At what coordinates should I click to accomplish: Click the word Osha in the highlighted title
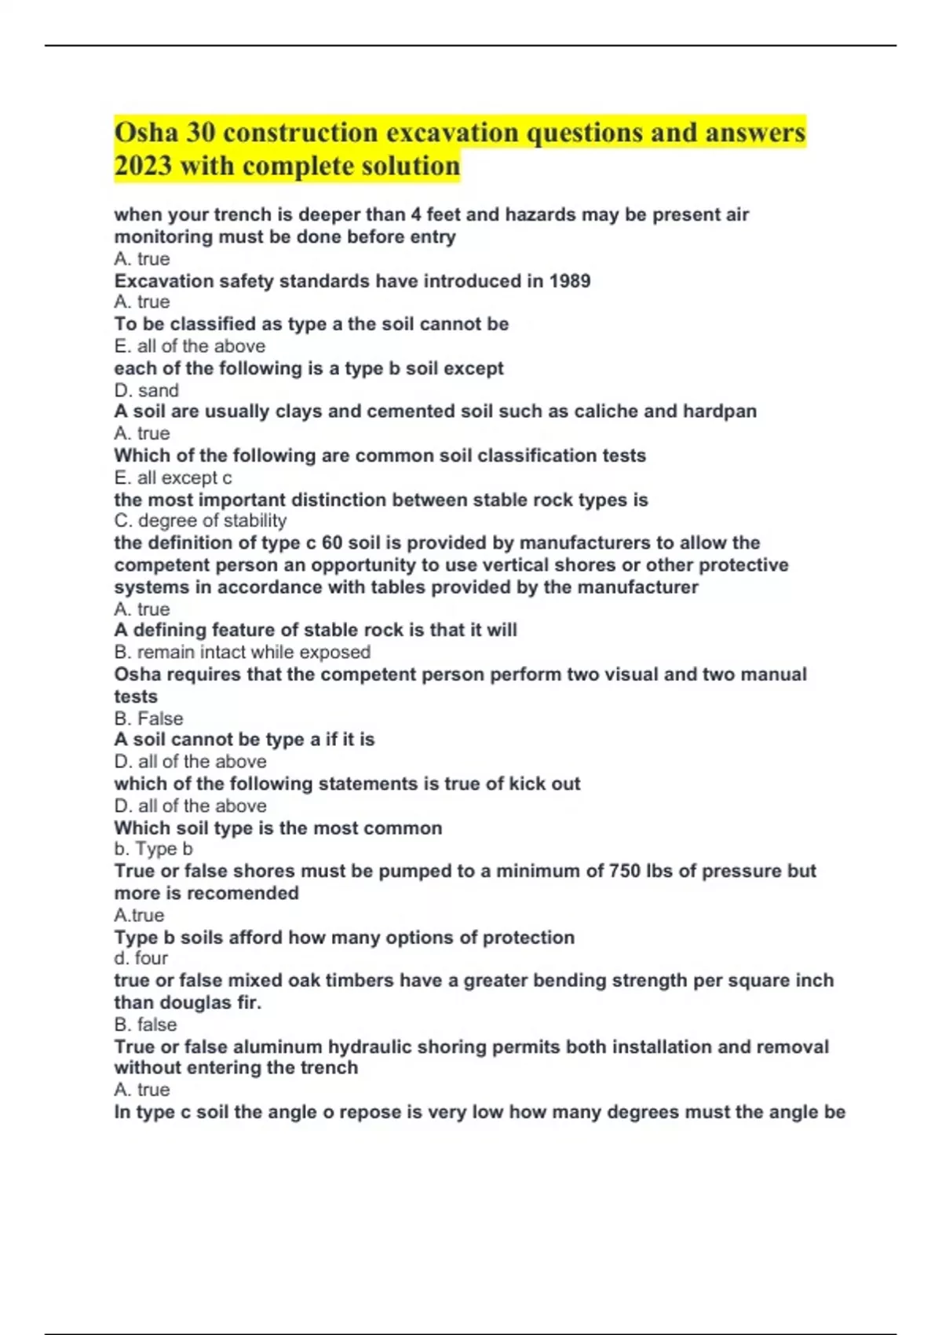pyautogui.click(x=146, y=132)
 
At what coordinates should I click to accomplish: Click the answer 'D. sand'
pyautogui.click(x=147, y=390)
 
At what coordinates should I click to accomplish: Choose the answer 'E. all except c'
pyautogui.click(x=173, y=477)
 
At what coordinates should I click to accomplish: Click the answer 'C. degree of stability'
pyautogui.click(x=200, y=521)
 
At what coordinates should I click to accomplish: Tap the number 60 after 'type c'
pyautogui.click(x=332, y=543)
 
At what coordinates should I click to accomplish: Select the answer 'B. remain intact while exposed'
pyautogui.click(x=242, y=652)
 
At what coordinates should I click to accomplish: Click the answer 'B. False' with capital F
pyautogui.click(x=148, y=719)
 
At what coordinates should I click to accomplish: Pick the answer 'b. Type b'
pyautogui.click(x=153, y=849)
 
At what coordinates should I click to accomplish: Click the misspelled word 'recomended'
pyautogui.click(x=249, y=893)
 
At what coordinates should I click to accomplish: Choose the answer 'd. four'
pyautogui.click(x=141, y=958)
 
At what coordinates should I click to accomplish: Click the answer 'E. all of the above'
pyautogui.click(x=189, y=346)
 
